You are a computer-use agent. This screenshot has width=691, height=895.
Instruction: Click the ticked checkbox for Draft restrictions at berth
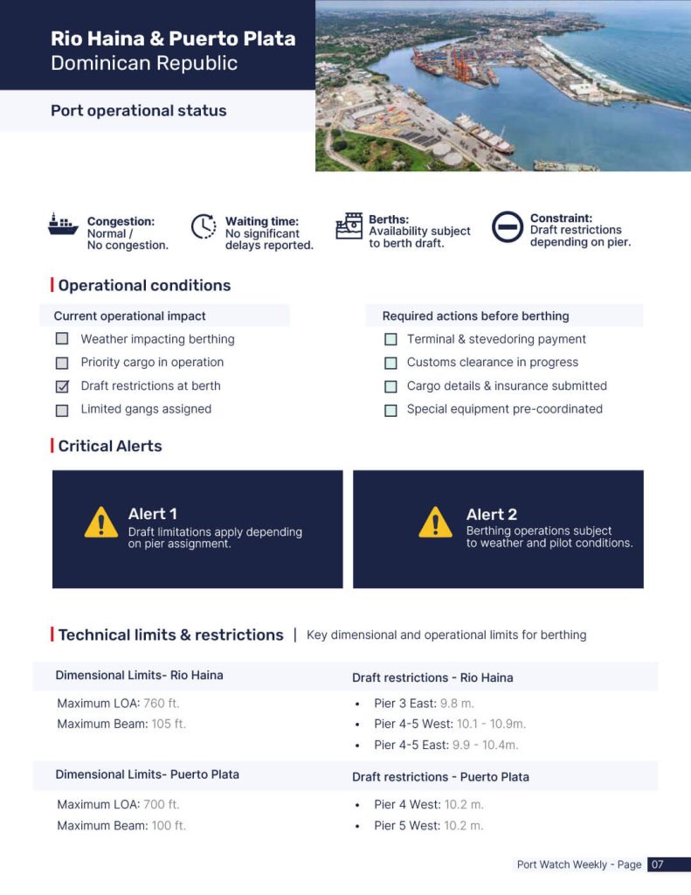point(62,386)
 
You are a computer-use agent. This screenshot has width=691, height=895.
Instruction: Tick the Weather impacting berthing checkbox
point(62,339)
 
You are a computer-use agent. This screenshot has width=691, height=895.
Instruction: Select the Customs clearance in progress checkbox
point(390,363)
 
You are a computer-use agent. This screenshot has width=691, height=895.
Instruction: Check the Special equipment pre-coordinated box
point(390,410)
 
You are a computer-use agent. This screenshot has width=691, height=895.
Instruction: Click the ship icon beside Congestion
point(63,225)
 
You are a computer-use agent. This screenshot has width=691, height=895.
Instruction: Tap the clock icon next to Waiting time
point(204,227)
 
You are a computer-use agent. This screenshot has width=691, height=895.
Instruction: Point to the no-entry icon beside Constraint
point(507,227)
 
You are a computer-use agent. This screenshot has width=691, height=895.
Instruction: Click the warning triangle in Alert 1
point(101,523)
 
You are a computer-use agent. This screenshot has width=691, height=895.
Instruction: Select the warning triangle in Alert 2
point(435,523)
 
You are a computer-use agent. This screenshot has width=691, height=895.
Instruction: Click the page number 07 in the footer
point(658,864)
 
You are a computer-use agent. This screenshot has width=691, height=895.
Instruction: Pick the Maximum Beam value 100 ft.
point(169,826)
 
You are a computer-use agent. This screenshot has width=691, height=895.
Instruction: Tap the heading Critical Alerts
point(110,446)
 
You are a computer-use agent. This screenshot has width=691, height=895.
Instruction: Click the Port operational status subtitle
point(138,111)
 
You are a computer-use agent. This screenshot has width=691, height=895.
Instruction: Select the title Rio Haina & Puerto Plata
point(173,39)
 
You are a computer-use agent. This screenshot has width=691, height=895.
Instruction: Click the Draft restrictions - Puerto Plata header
point(440,777)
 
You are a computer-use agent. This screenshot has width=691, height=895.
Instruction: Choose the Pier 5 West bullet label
point(406,826)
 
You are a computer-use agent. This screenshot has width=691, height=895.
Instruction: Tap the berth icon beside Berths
point(349,225)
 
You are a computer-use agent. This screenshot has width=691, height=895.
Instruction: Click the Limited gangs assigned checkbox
point(62,410)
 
